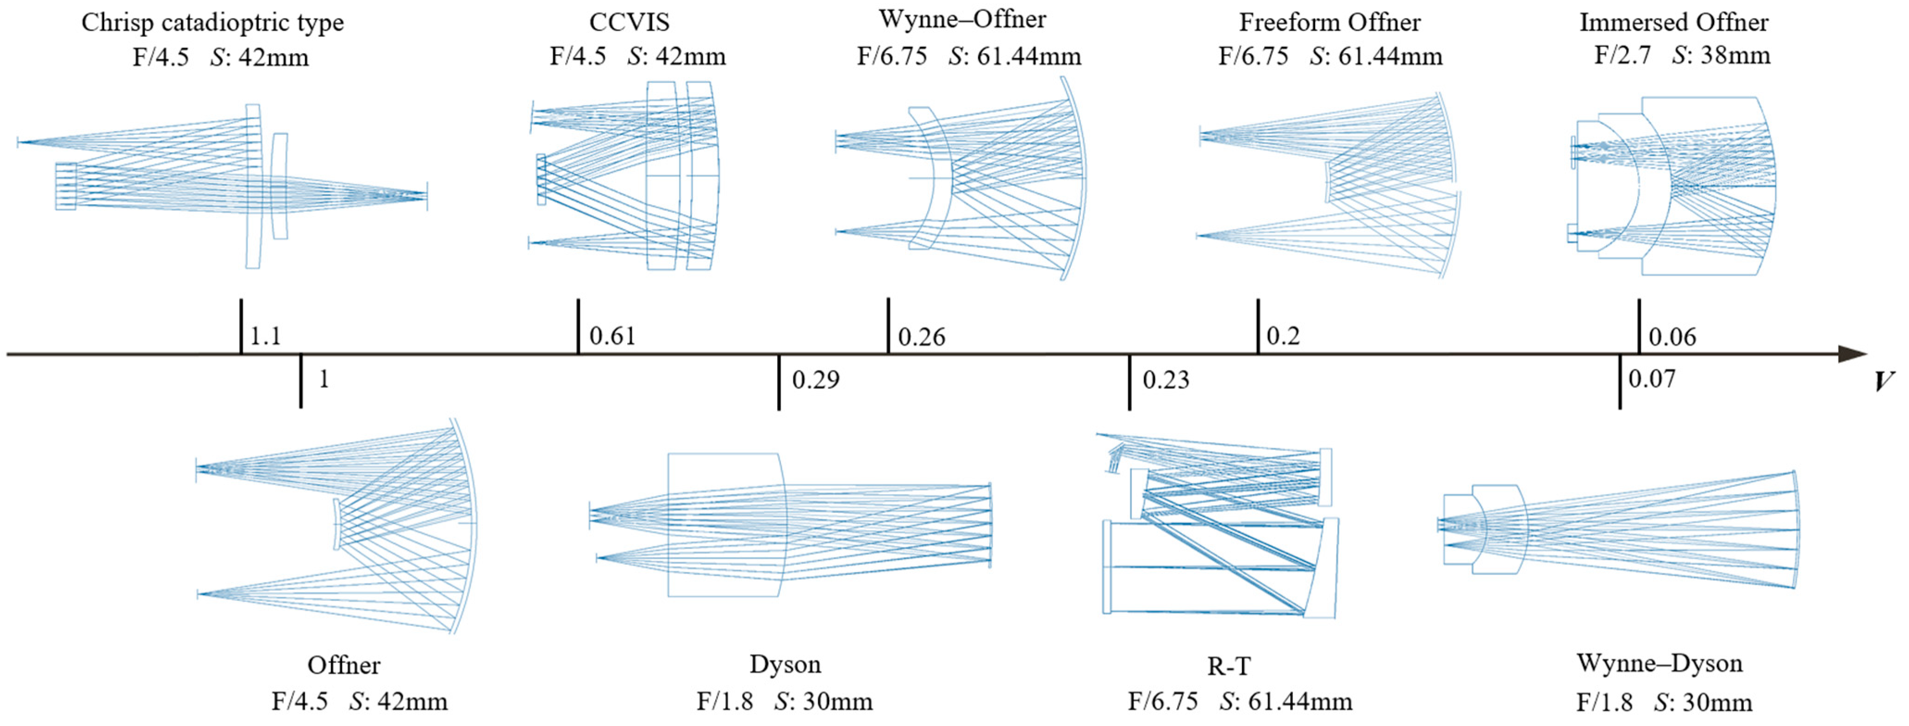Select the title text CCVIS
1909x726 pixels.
click(x=629, y=22)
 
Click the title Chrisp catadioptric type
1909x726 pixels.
click(x=212, y=22)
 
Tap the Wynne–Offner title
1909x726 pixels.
click(x=962, y=19)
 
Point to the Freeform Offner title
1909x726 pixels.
click(x=1329, y=22)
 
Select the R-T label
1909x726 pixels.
click(x=1229, y=666)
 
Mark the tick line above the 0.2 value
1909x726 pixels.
click(x=1258, y=326)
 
